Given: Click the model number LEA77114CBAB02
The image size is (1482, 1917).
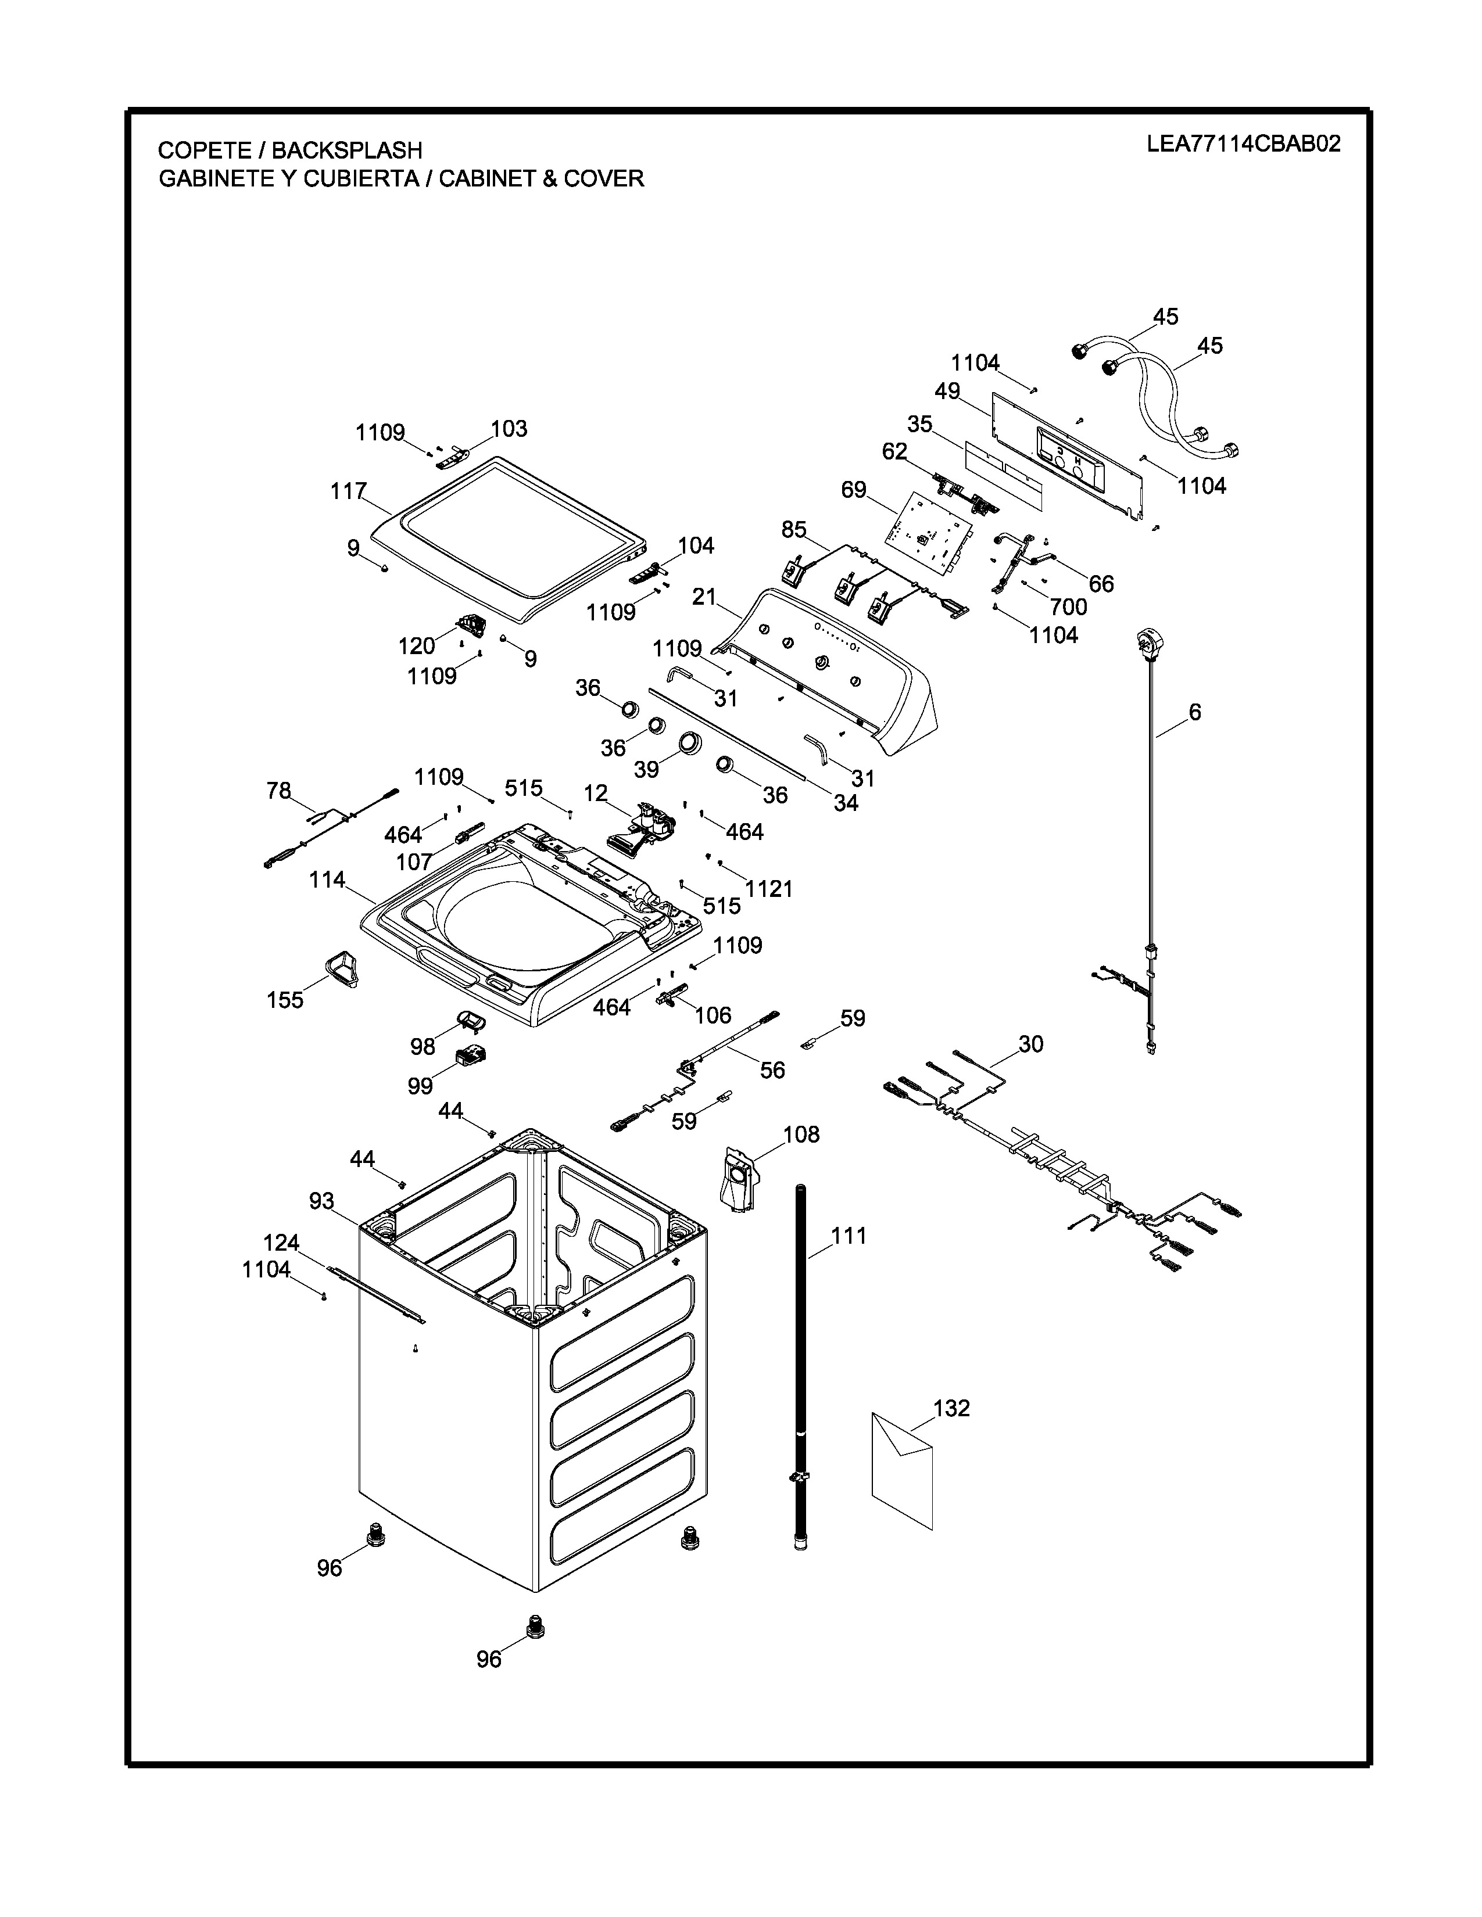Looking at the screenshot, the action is point(1243,144).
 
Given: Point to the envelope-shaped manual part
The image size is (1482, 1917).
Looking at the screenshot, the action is point(901,1470).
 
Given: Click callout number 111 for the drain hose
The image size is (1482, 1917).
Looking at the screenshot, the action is point(849,1236).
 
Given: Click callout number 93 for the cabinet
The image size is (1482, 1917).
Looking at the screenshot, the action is point(321,1201).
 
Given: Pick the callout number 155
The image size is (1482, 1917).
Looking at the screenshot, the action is point(285,999).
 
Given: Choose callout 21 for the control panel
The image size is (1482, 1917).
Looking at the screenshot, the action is point(704,597).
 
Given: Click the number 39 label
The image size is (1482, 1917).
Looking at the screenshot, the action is point(646,769).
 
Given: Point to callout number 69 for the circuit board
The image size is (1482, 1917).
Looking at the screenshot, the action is point(853,490).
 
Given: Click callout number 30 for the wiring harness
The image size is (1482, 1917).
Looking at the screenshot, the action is point(1031,1044).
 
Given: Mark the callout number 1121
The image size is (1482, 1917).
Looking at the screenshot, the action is point(769,889).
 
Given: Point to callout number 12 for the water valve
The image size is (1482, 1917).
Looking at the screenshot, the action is point(595,794).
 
